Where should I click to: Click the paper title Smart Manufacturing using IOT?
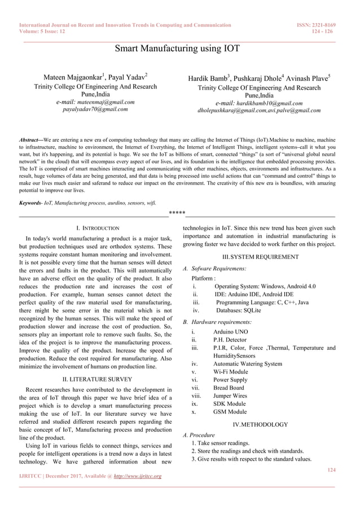point(177,49)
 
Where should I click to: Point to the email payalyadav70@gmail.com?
point(95,109)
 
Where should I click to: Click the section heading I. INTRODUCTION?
point(97,228)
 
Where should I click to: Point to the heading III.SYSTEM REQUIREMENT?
point(261,257)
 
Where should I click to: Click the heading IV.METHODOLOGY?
point(260,424)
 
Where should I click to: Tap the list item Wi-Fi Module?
point(230,372)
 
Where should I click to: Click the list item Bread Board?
point(229,388)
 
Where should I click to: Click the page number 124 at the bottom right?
point(331,469)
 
